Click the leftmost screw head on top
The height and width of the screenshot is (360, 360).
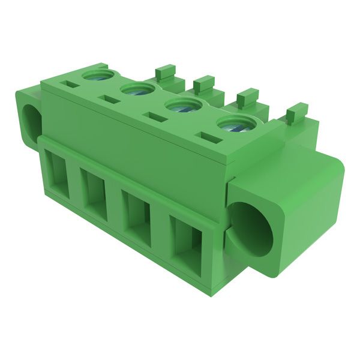coord(97,76)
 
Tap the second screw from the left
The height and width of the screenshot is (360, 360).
coord(138,91)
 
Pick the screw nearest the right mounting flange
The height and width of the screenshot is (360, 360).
coord(233,125)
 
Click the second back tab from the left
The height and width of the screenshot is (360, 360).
coord(204,83)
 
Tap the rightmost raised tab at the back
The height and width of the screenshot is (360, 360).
coord(296,113)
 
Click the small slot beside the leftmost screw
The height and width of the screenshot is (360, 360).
coord(72,85)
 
